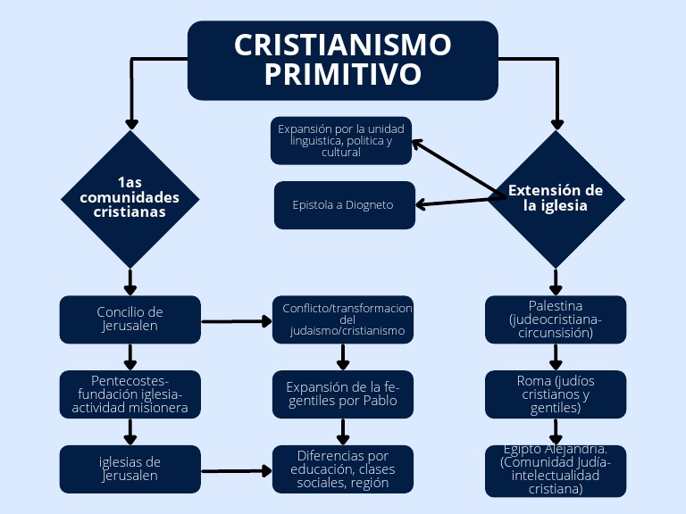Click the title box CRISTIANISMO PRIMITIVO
tap(342, 60)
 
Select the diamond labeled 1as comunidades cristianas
tap(130, 198)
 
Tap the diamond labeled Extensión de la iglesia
tap(556, 198)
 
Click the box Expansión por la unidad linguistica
tap(341, 140)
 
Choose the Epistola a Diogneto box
tap(344, 205)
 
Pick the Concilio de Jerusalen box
tap(130, 319)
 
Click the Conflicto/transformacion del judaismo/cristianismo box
tap(342, 319)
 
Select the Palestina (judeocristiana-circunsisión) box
tap(555, 319)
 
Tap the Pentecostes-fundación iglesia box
tap(130, 394)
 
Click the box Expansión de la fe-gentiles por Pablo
tap(342, 394)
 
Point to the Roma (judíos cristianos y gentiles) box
tap(555, 394)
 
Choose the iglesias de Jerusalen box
tap(130, 468)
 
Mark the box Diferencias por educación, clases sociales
tap(342, 468)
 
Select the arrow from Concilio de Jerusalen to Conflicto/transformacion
tap(237, 320)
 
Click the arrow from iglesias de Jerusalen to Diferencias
tap(237, 469)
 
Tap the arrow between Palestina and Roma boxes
tap(556, 357)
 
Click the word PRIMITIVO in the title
tap(342, 75)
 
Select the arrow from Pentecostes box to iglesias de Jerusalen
tap(130, 431)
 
